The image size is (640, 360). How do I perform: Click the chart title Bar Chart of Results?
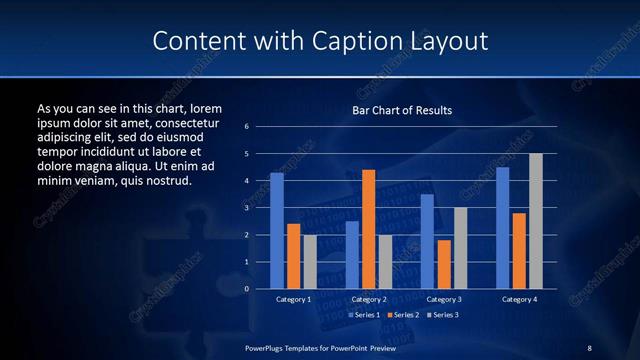(402, 110)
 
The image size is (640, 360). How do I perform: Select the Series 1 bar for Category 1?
(277, 231)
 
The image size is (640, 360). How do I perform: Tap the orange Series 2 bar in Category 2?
(369, 229)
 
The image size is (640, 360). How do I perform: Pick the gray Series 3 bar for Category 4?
(536, 221)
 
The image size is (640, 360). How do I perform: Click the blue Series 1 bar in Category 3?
(427, 241)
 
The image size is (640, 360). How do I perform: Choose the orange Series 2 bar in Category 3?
(444, 264)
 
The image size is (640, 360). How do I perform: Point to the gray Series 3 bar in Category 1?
(310, 262)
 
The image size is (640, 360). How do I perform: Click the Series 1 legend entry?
(365, 315)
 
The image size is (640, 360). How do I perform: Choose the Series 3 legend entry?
(444, 315)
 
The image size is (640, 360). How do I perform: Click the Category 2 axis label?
(369, 300)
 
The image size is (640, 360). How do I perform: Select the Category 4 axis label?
(519, 300)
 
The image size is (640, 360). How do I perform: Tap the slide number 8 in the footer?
(589, 347)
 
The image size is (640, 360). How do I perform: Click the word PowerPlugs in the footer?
(268, 347)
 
